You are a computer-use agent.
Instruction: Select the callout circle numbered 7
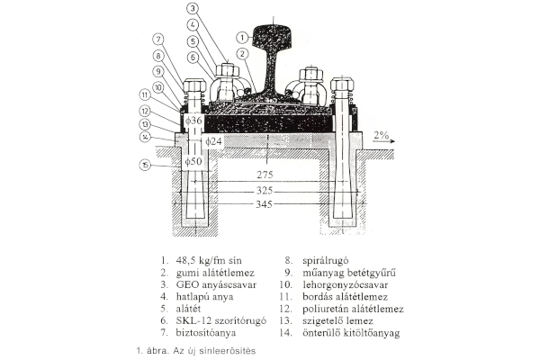[157, 39]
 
